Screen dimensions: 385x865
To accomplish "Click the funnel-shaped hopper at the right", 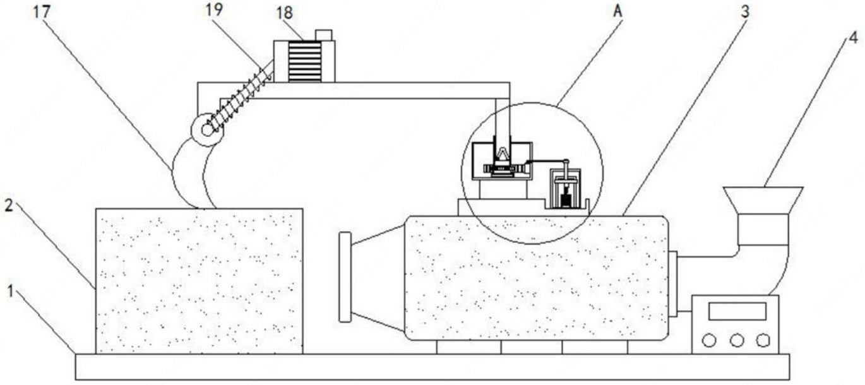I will (763, 200).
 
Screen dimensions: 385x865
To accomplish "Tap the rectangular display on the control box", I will (737, 311).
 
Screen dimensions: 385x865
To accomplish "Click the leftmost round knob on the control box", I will (708, 340).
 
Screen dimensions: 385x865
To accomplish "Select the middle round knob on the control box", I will (736, 340).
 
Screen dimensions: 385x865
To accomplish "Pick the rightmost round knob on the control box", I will (763, 340).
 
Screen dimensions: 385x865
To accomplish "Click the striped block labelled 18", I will (304, 61).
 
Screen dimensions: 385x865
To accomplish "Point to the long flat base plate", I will (432, 367).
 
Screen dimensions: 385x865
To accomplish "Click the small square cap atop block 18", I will (323, 35).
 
